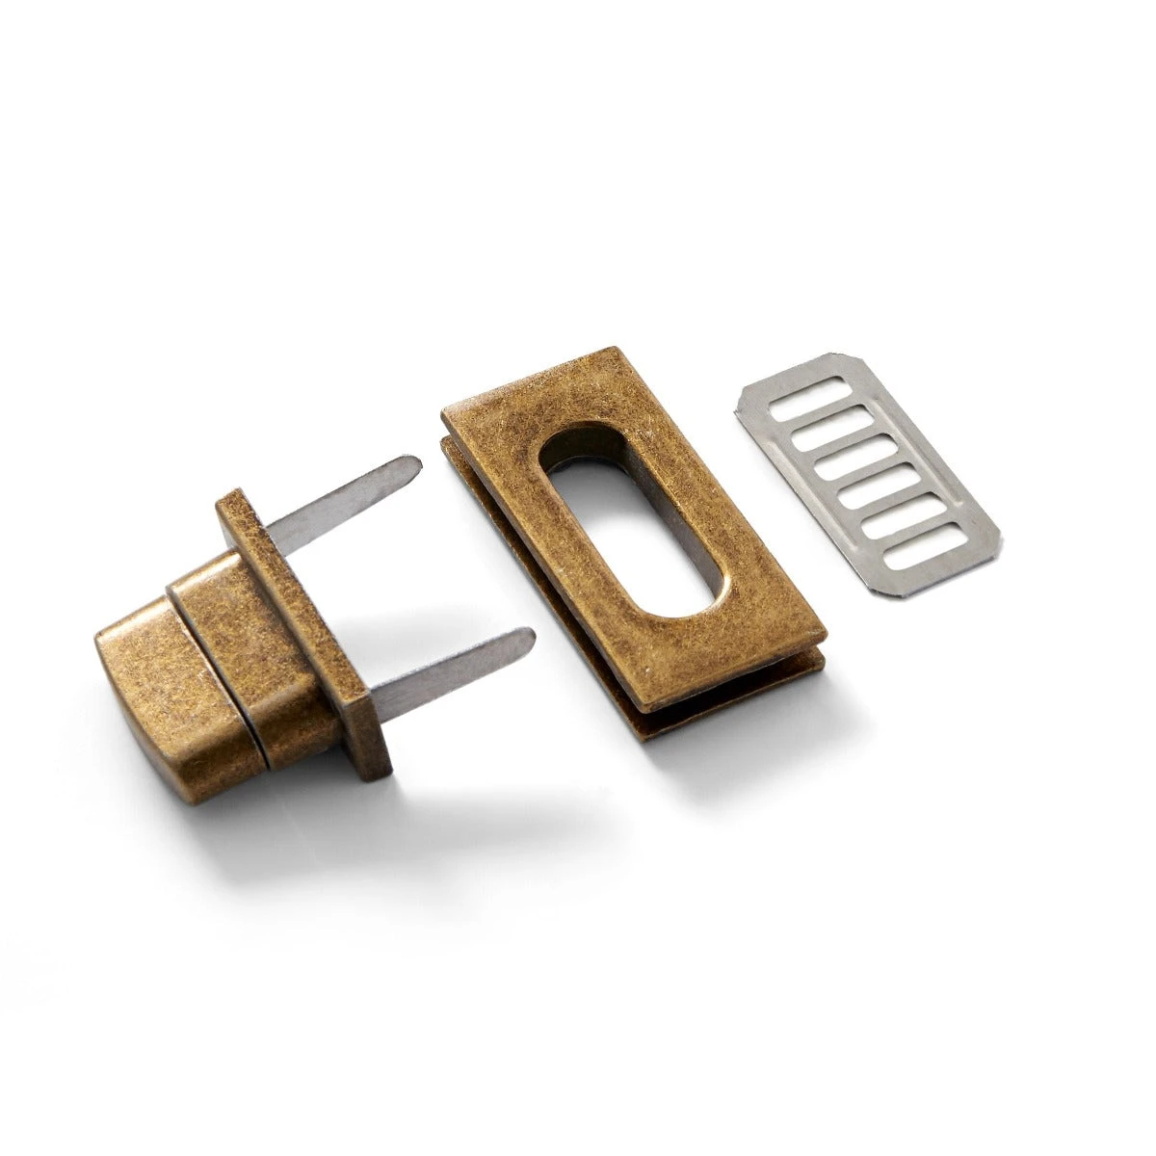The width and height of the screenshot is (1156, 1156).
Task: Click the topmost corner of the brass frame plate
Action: (612, 349)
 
